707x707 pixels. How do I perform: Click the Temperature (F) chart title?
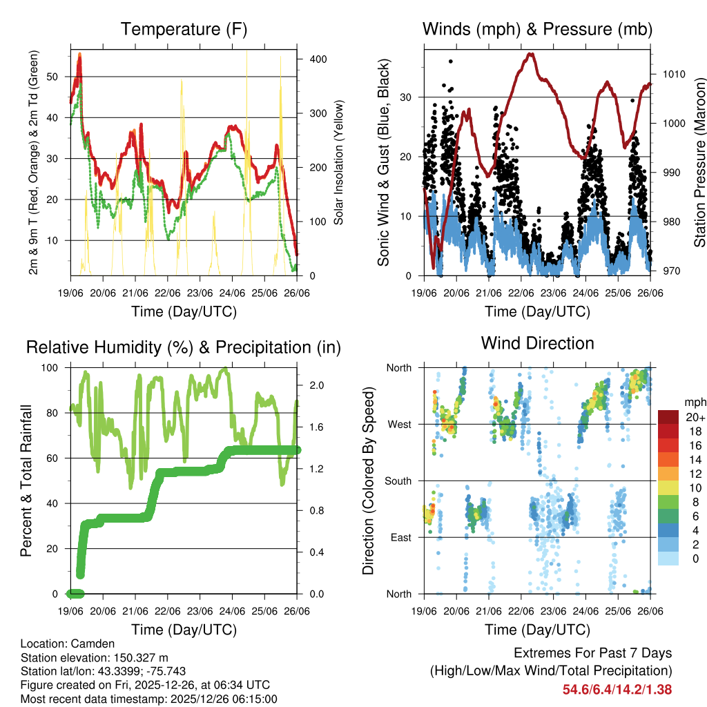pyautogui.click(x=184, y=30)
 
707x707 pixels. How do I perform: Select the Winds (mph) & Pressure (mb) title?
pyautogui.click(x=537, y=30)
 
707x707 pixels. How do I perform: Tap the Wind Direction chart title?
pyautogui.click(x=537, y=343)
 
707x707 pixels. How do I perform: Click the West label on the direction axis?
pyautogui.click(x=399, y=424)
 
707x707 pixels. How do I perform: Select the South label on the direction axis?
pyautogui.click(x=397, y=481)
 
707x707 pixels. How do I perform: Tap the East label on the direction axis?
pyautogui.click(x=400, y=537)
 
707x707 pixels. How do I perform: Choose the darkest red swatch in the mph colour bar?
pyautogui.click(x=668, y=417)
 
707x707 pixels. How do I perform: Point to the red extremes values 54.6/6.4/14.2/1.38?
pyautogui.click(x=617, y=690)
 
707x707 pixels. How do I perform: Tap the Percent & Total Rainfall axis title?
pyautogui.click(x=27, y=481)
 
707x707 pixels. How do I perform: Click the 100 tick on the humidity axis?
pyautogui.click(x=52, y=367)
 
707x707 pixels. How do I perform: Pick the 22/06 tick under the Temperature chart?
pyautogui.click(x=168, y=293)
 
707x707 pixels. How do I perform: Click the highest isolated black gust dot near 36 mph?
pyautogui.click(x=451, y=61)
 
